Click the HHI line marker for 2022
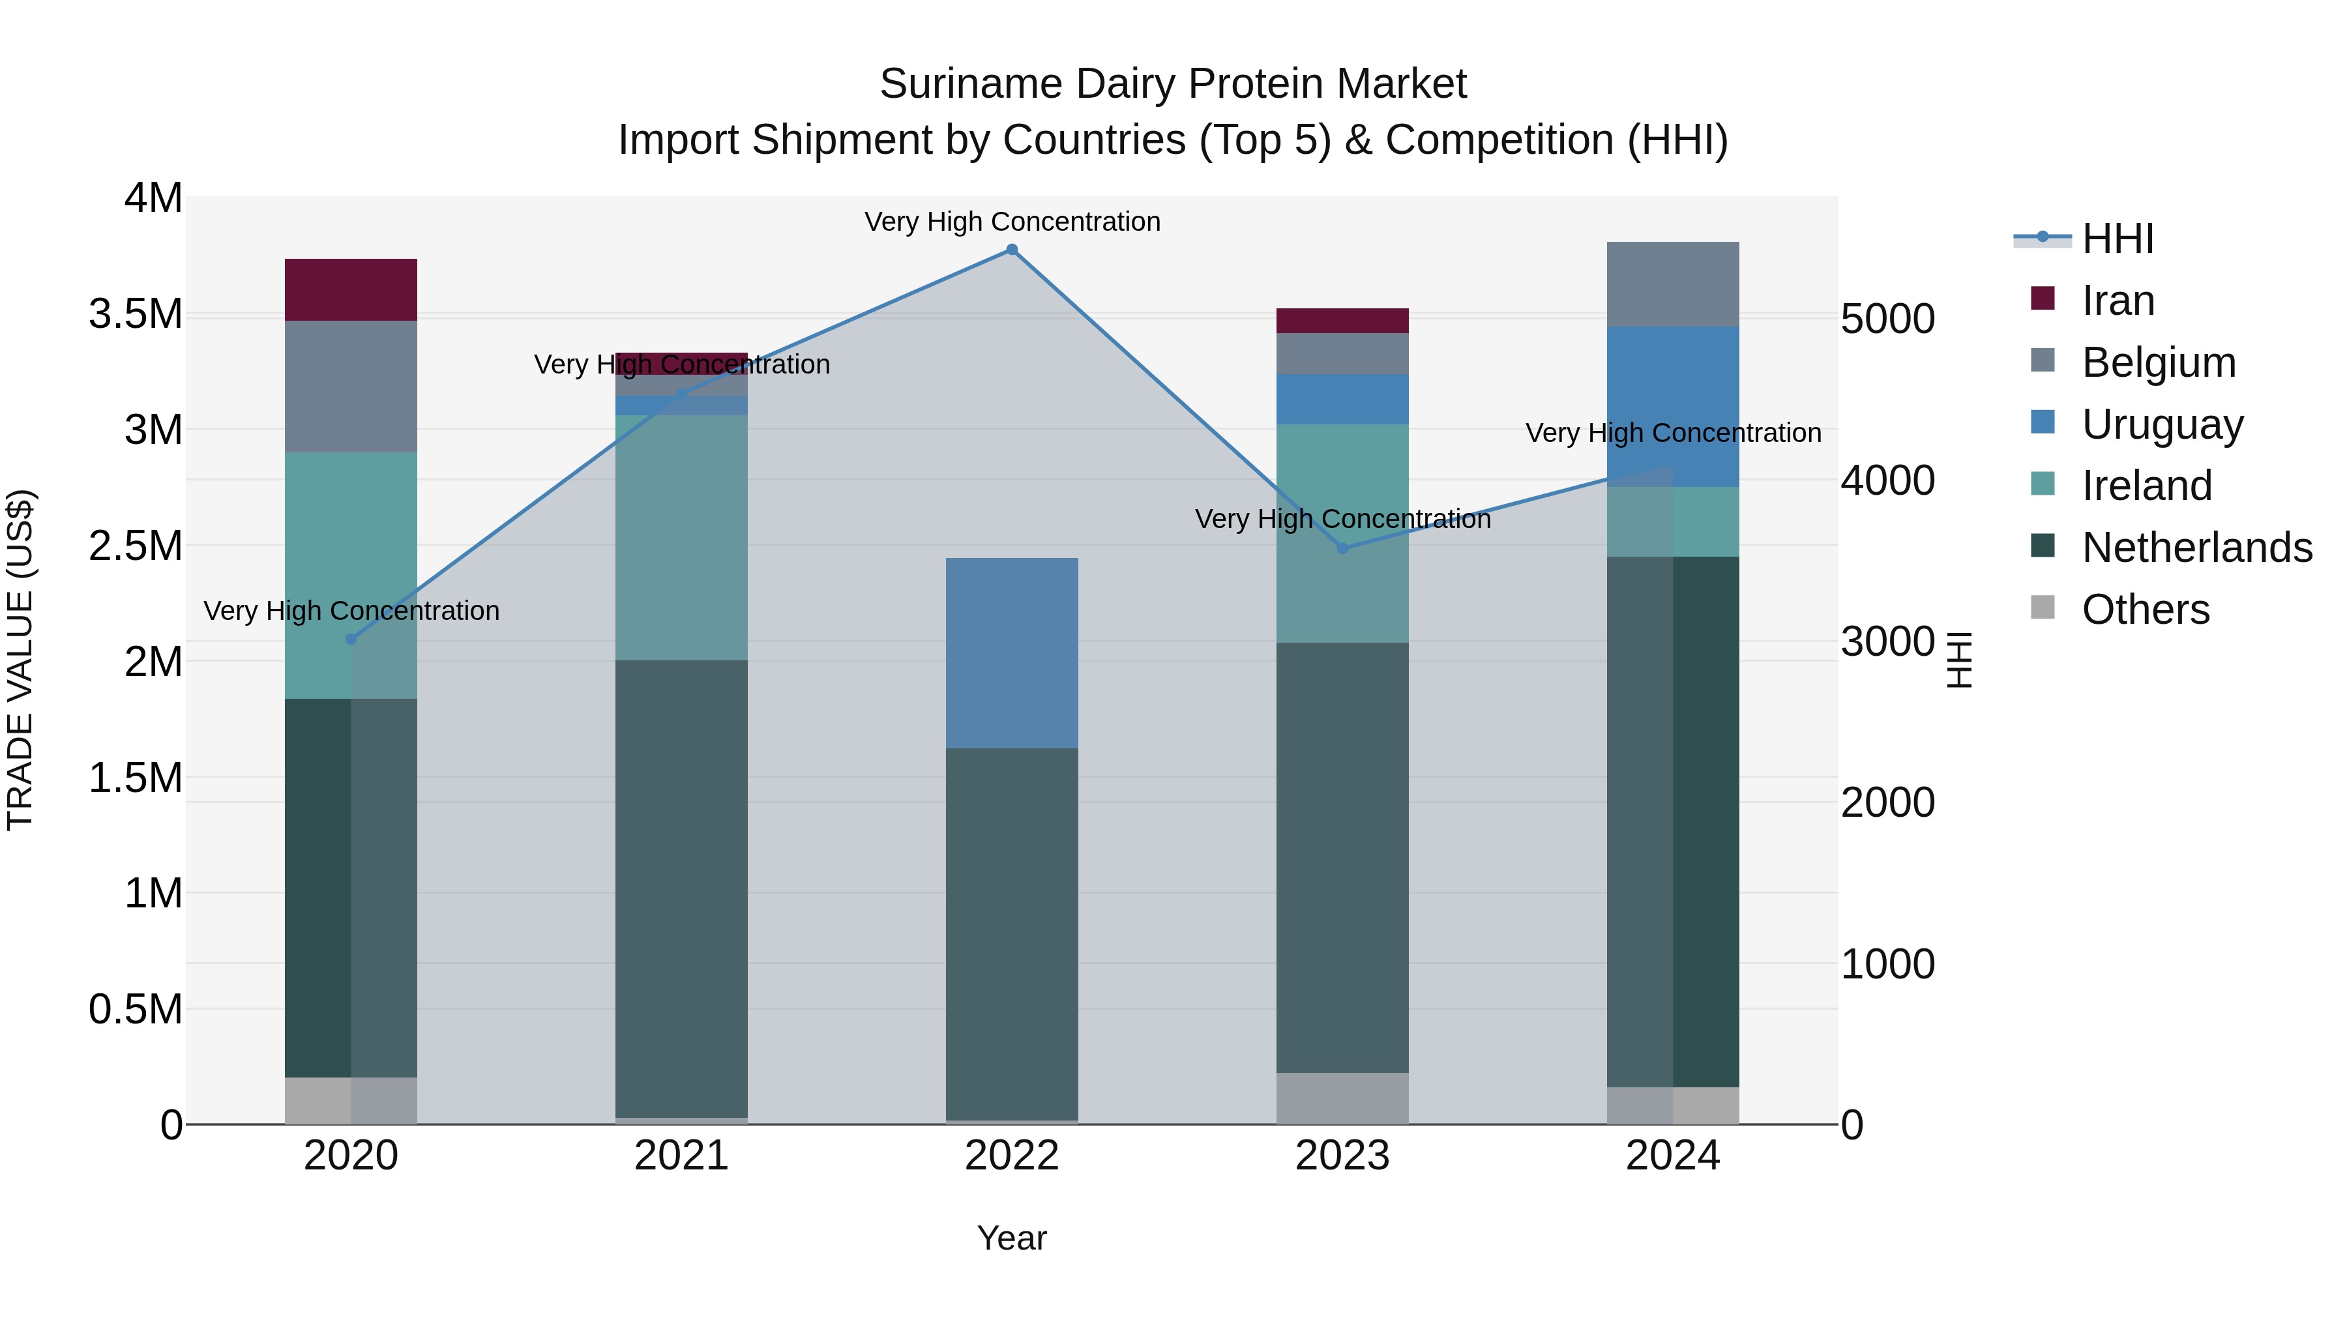[x=1011, y=250]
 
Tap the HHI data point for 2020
[x=351, y=639]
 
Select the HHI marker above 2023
[x=1342, y=548]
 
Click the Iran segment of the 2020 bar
[x=351, y=289]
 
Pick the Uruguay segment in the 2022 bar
[x=1011, y=653]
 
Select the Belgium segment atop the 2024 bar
[x=1673, y=284]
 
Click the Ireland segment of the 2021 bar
[x=681, y=538]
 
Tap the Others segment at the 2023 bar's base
[x=1342, y=1098]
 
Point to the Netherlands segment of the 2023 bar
[x=1342, y=857]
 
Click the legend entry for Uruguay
[x=2162, y=424]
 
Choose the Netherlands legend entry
[x=2196, y=548]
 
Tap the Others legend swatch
[x=2043, y=608]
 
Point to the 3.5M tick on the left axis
[x=135, y=314]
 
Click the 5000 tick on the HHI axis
[x=1887, y=320]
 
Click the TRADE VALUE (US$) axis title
[x=20, y=660]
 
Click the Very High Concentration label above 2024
[x=1673, y=433]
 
